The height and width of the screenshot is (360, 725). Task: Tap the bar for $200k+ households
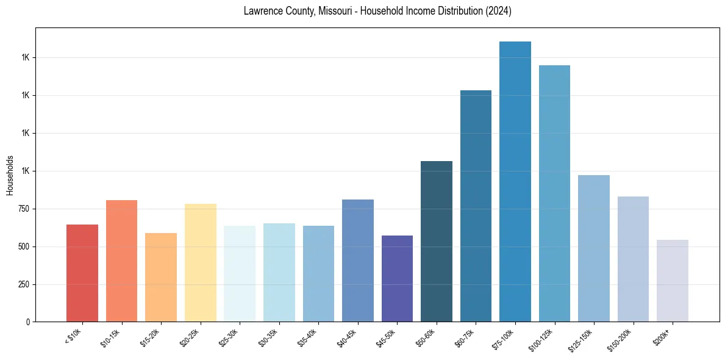pos(672,281)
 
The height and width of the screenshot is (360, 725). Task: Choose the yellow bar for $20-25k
pos(200,262)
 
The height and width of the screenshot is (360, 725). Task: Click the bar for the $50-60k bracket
pos(436,241)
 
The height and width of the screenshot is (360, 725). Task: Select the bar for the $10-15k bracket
pos(121,261)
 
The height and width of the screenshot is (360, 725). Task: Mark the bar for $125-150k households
pos(593,248)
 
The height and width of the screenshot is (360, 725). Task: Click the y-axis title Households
pos(10,175)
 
